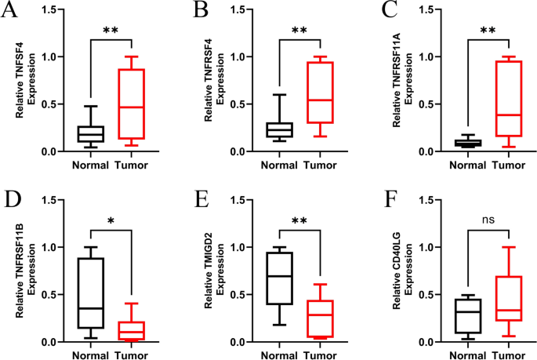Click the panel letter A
point(11,13)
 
